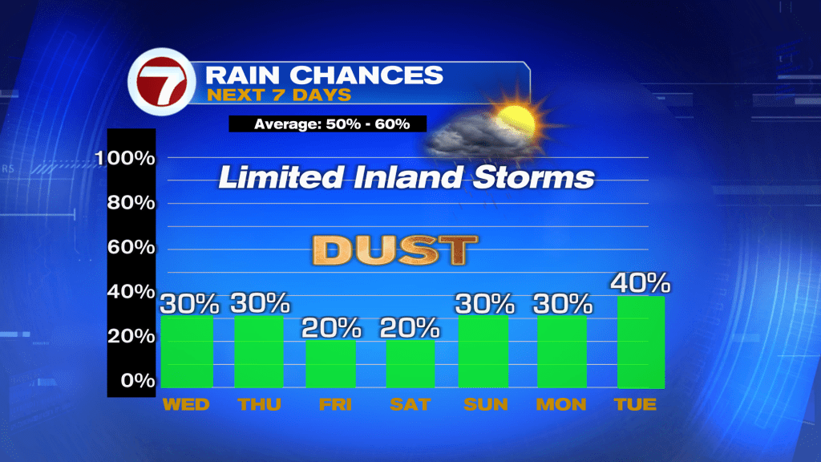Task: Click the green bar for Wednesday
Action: coord(187,351)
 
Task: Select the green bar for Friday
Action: coord(331,364)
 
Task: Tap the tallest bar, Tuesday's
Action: coord(641,342)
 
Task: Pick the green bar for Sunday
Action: coord(483,351)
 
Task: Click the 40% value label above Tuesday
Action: coord(641,283)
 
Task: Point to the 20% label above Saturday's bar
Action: coord(410,328)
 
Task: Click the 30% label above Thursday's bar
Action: coord(261,303)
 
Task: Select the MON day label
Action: coord(560,404)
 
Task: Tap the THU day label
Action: coord(260,404)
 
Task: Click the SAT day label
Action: coord(410,404)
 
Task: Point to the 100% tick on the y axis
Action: coord(125,158)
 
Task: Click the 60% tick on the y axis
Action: coord(131,247)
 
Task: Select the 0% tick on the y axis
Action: coord(138,380)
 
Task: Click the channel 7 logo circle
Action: coord(162,82)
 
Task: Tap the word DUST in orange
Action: coord(394,250)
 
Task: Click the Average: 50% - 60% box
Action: coord(328,124)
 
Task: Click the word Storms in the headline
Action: coord(533,177)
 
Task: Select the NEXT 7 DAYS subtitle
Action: coord(279,95)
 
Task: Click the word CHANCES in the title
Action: coord(366,75)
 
